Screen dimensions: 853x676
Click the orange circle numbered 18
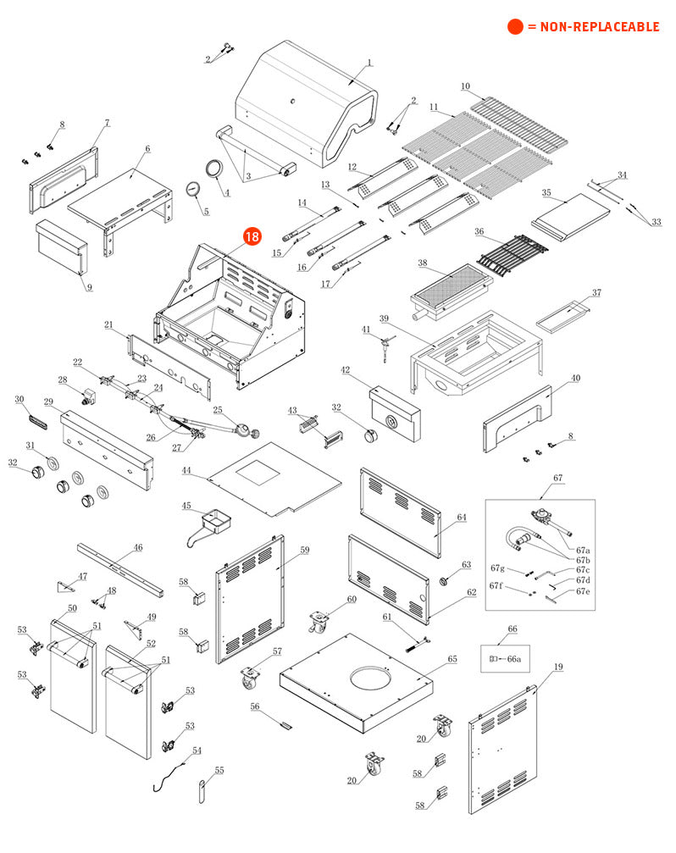(252, 237)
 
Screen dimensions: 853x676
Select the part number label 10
(465, 86)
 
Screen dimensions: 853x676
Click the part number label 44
(186, 470)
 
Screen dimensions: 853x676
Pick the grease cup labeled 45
(214, 521)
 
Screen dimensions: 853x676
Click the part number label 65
(452, 658)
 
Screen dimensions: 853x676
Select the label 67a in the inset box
(583, 551)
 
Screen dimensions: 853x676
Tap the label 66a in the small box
(513, 658)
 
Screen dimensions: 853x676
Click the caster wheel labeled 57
(252, 679)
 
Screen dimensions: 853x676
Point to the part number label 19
(558, 667)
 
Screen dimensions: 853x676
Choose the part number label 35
(546, 193)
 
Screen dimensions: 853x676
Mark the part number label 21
(108, 324)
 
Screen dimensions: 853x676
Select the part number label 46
(138, 547)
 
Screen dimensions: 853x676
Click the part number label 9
(89, 286)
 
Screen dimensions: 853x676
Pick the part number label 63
(466, 564)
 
